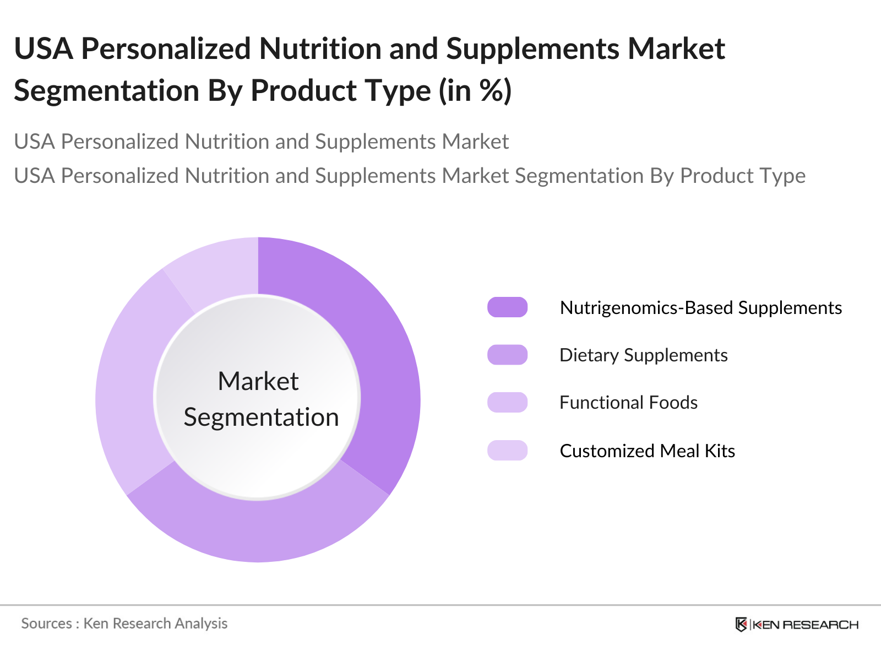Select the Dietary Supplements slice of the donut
point(258,530)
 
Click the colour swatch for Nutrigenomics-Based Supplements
point(507,307)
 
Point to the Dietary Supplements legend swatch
point(507,355)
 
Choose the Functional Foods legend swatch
point(507,403)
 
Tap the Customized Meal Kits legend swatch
point(507,450)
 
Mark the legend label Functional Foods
point(629,403)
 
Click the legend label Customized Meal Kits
point(648,451)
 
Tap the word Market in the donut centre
point(258,381)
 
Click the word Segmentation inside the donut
point(262,418)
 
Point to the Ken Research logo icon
point(741,625)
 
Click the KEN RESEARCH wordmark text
point(806,625)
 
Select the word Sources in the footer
point(47,624)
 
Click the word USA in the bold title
point(43,49)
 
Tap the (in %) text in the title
point(475,91)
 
